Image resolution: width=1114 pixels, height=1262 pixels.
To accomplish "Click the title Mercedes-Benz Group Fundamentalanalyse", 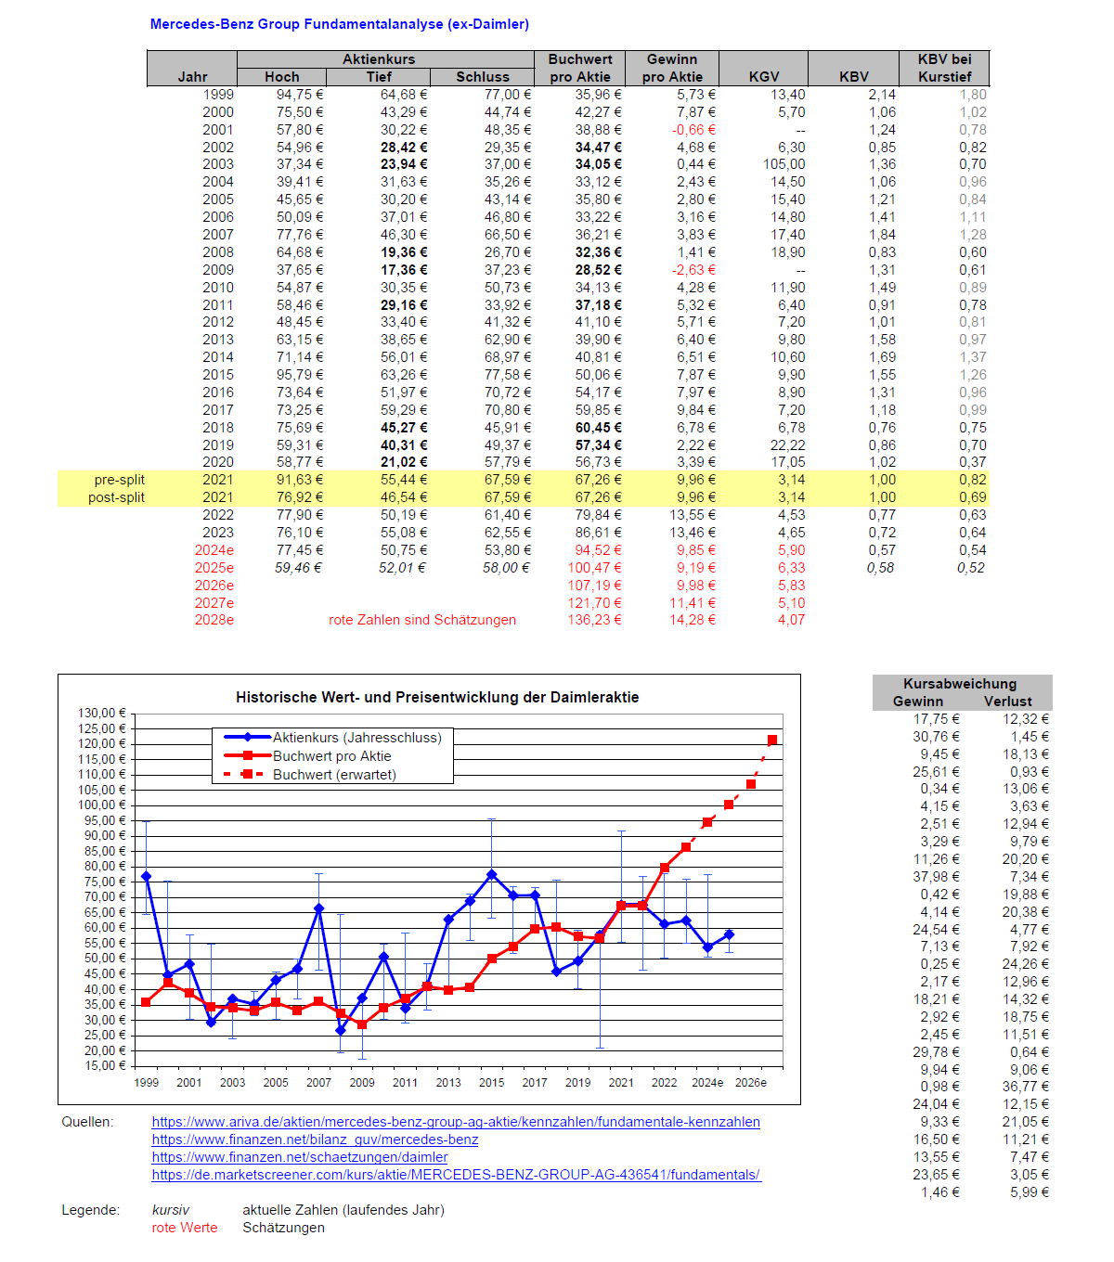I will click(339, 24).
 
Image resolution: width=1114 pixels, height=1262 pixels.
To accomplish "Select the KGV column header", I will click(763, 77).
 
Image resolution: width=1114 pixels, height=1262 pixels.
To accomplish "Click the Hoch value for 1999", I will click(299, 95).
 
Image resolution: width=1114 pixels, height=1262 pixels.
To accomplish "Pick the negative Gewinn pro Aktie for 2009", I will click(693, 270).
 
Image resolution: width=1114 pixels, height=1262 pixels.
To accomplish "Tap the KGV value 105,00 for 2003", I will click(784, 164).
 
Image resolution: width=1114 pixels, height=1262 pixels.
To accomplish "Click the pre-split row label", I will click(119, 480).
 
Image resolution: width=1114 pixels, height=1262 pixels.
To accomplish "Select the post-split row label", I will click(116, 497).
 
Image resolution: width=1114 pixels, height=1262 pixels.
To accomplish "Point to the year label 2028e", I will click(214, 620).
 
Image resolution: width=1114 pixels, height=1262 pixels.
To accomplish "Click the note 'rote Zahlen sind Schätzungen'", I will click(422, 620).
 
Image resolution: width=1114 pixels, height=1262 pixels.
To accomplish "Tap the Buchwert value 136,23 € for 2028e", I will click(594, 620).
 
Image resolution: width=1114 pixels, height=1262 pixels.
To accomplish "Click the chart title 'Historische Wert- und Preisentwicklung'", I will click(437, 697).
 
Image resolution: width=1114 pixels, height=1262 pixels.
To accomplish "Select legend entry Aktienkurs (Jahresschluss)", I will click(356, 738).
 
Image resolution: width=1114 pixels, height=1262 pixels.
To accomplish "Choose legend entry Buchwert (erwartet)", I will click(334, 775).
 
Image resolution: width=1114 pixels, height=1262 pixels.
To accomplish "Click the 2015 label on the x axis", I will click(491, 1082).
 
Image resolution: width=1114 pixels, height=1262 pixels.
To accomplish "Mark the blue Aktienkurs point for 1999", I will click(146, 876).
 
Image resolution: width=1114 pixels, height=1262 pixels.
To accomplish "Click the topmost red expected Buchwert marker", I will click(772, 740).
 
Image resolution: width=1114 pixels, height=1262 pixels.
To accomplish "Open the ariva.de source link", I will click(456, 1122).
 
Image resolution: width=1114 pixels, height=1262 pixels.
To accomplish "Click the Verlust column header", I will click(1007, 702).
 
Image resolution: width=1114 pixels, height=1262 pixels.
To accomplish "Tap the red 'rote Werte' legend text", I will click(184, 1228).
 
